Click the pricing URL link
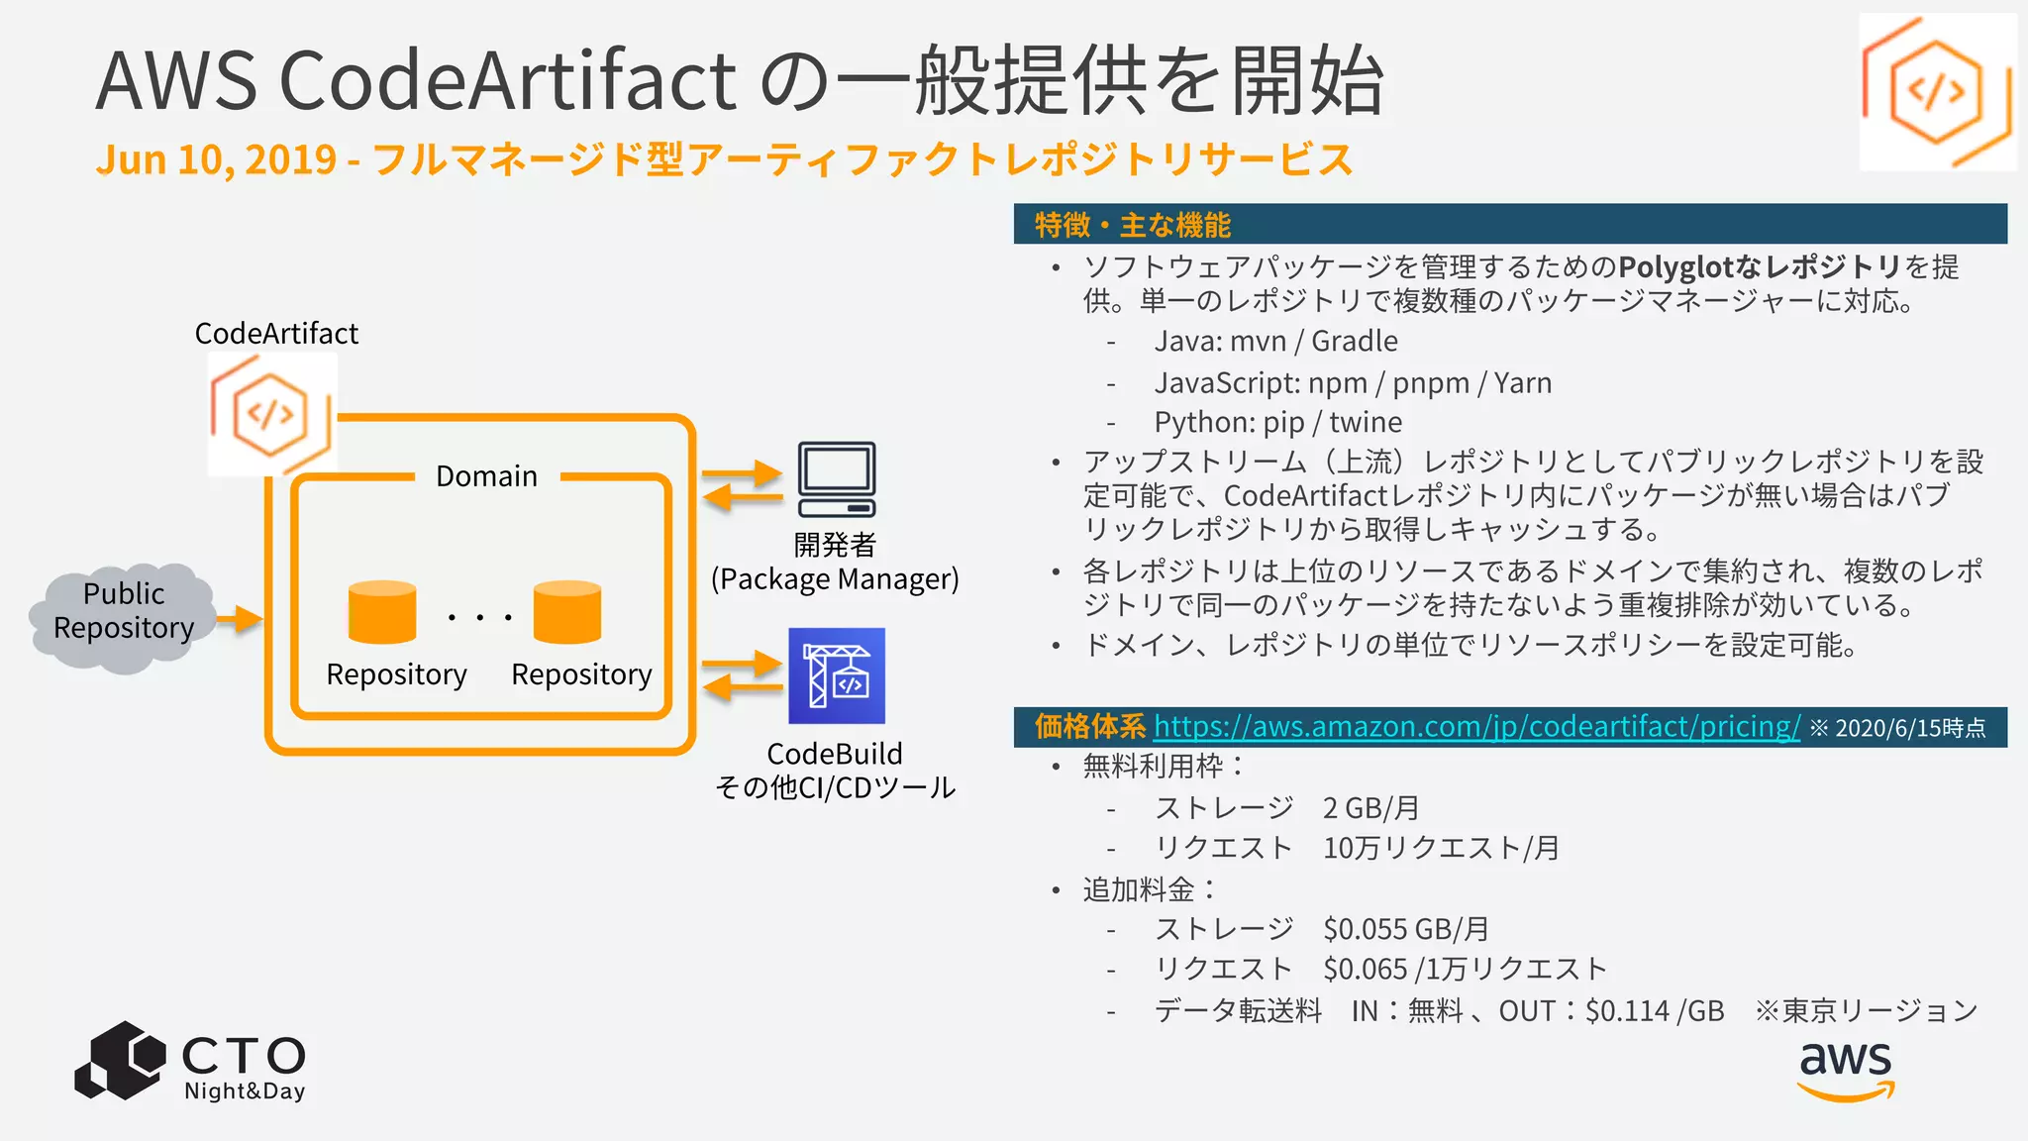coord(1475,727)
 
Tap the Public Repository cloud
coord(123,615)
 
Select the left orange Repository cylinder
coord(382,612)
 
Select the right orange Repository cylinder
coord(566,612)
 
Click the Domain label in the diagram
coord(486,476)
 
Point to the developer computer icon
coord(837,479)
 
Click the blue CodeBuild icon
coord(837,675)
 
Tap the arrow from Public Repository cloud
coord(240,620)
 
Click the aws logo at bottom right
coord(1846,1070)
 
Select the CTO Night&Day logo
coord(190,1062)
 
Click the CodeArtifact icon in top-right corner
coord(1937,91)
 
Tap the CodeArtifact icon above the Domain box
coord(271,414)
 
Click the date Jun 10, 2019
coord(216,160)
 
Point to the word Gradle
coord(1354,342)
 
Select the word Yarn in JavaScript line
coord(1522,383)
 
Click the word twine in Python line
coord(1365,423)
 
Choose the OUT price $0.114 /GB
coord(1654,1011)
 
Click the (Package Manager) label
coord(835,579)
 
